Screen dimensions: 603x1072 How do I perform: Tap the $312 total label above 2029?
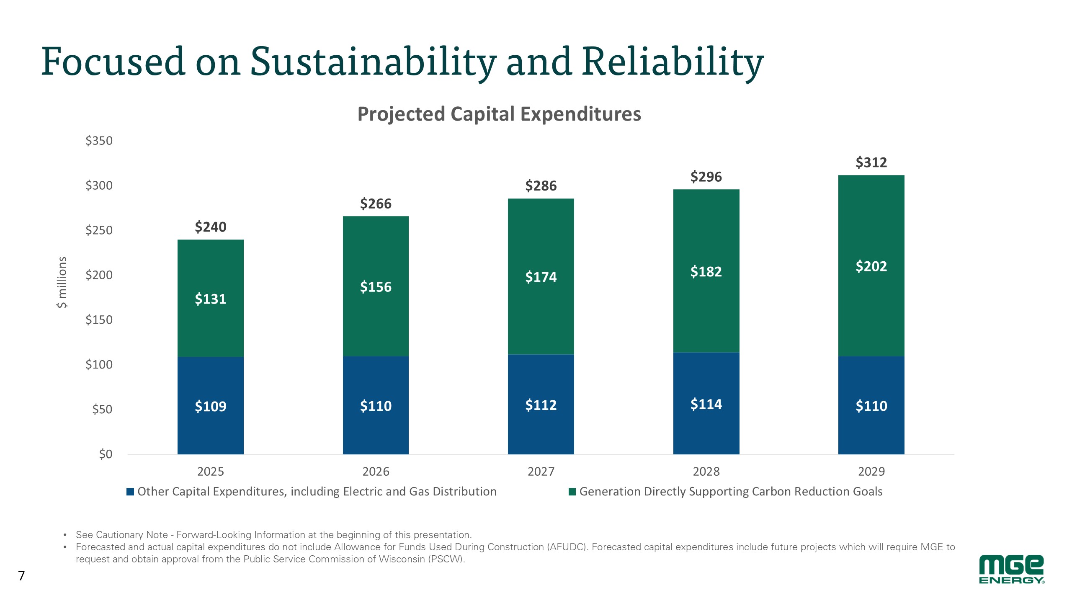point(871,162)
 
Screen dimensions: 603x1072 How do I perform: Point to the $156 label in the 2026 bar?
point(376,287)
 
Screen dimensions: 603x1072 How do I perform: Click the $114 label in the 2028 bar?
point(706,405)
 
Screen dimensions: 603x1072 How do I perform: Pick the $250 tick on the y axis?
point(99,230)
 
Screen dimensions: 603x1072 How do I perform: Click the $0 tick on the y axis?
point(106,454)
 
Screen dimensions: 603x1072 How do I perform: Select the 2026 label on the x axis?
point(376,472)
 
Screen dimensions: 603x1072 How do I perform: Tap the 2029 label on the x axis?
point(871,472)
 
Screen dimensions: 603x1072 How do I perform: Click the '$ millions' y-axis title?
point(62,282)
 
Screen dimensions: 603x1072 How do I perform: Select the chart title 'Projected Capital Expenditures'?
point(499,114)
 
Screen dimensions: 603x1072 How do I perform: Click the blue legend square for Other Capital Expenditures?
point(130,492)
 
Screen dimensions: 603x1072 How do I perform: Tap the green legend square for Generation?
point(572,492)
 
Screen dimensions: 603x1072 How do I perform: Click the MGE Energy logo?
point(1011,569)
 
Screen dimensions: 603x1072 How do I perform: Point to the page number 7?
point(21,576)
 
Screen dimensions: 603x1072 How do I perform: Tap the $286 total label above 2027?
point(541,186)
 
